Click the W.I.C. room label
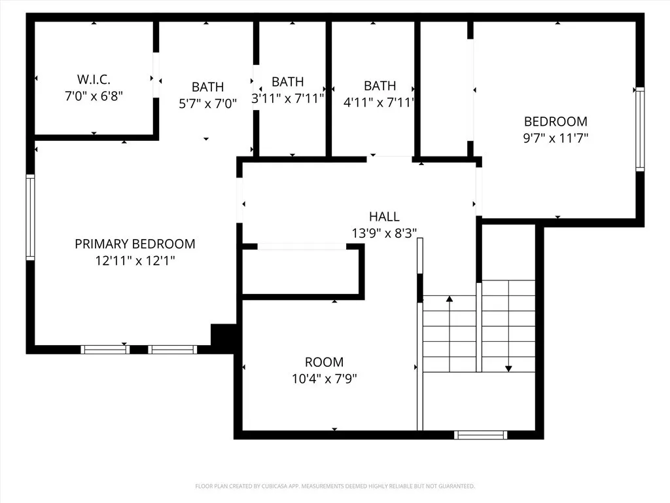94,79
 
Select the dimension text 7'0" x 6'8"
94,96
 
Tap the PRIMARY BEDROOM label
135,244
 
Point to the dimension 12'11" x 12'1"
135,261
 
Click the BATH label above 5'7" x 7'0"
207,86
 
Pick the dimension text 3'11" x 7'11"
288,99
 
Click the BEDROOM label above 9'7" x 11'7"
555,121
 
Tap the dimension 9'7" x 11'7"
555,138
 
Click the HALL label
384,217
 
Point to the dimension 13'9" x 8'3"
384,233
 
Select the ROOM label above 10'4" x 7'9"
324,362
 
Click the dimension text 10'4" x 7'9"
324,379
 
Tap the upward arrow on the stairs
450,300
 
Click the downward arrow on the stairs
508,369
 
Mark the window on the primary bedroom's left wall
29,217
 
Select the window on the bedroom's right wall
640,129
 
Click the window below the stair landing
481,434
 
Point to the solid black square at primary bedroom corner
222,335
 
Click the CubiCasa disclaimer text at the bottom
335,486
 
